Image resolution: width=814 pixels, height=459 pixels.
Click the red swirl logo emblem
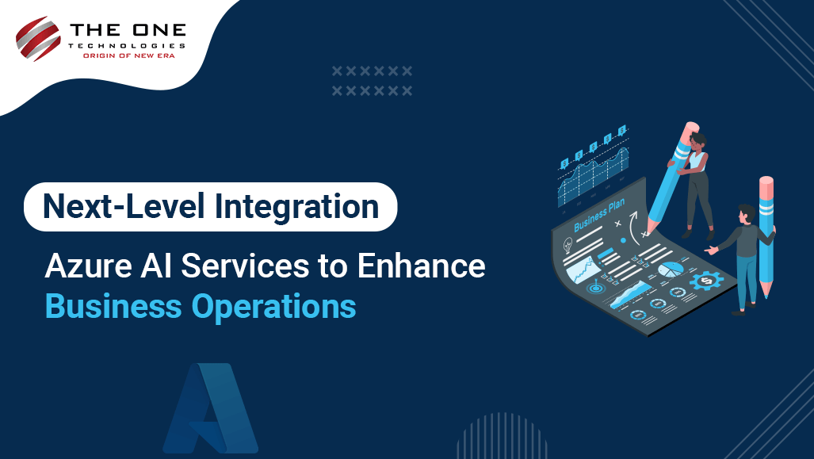[38, 38]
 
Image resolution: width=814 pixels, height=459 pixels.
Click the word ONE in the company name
[159, 29]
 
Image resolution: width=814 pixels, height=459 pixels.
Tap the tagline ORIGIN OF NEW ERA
[128, 55]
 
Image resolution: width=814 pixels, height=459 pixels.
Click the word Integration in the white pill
[296, 208]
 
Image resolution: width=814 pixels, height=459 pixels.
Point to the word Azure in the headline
[88, 266]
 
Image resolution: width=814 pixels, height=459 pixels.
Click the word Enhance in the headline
[421, 266]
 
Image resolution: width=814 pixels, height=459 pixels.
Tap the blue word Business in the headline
[113, 306]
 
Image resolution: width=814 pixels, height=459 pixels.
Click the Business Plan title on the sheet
[599, 215]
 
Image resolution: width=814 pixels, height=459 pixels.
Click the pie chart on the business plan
[671, 270]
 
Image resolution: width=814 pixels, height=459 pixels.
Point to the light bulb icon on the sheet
[568, 243]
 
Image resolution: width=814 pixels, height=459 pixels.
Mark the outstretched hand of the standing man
[711, 251]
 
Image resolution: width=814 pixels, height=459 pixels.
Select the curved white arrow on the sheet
[632, 228]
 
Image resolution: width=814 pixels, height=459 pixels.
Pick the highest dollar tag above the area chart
[622, 130]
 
